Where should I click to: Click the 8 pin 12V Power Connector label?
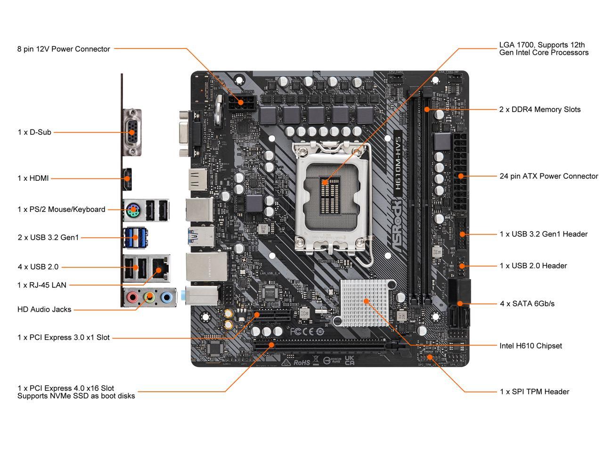(x=64, y=49)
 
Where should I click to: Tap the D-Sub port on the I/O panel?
(x=132, y=132)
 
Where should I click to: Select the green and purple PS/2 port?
(x=132, y=210)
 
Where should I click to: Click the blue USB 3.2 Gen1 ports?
(x=136, y=237)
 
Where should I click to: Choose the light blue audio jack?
(x=166, y=297)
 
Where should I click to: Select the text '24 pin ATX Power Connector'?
(x=548, y=176)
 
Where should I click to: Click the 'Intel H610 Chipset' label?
(x=530, y=346)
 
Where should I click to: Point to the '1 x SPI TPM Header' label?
(x=534, y=391)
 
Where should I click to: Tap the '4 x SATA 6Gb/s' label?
(x=527, y=304)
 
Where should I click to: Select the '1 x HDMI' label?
(x=33, y=178)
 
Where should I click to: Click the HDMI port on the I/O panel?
(x=127, y=178)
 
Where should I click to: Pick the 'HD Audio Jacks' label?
(x=44, y=309)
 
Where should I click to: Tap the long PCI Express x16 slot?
(x=325, y=347)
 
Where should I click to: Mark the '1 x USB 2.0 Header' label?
(x=533, y=266)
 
